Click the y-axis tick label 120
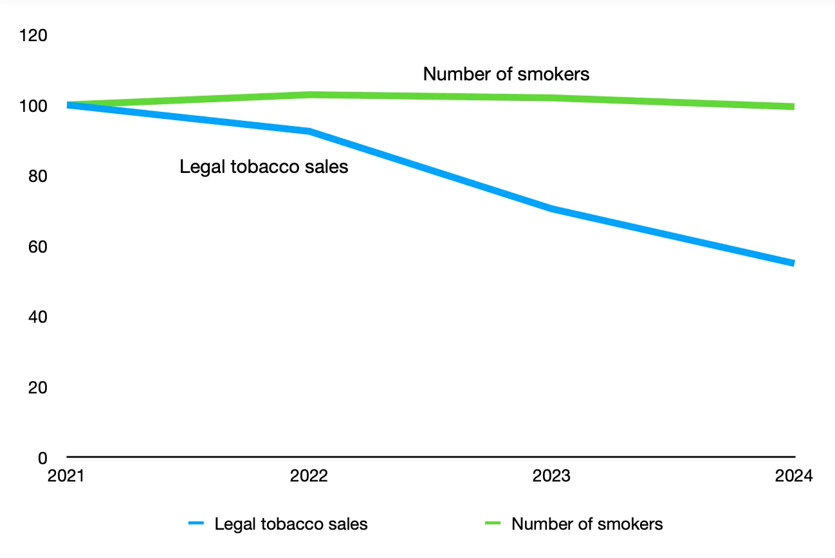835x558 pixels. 33,35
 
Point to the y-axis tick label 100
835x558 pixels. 33,105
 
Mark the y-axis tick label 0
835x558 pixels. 42,458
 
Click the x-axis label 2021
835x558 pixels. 67,476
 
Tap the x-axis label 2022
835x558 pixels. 309,476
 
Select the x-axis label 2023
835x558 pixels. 551,476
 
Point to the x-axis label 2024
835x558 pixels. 794,476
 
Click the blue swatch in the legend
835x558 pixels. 196,524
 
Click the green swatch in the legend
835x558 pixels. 492,524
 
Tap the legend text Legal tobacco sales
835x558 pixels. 291,524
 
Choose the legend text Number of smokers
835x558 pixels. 587,524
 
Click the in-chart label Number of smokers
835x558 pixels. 506,74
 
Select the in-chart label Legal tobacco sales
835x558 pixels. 264,167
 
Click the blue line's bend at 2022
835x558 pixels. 310,131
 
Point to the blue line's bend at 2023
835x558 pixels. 552,209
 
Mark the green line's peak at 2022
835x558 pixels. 310,94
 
